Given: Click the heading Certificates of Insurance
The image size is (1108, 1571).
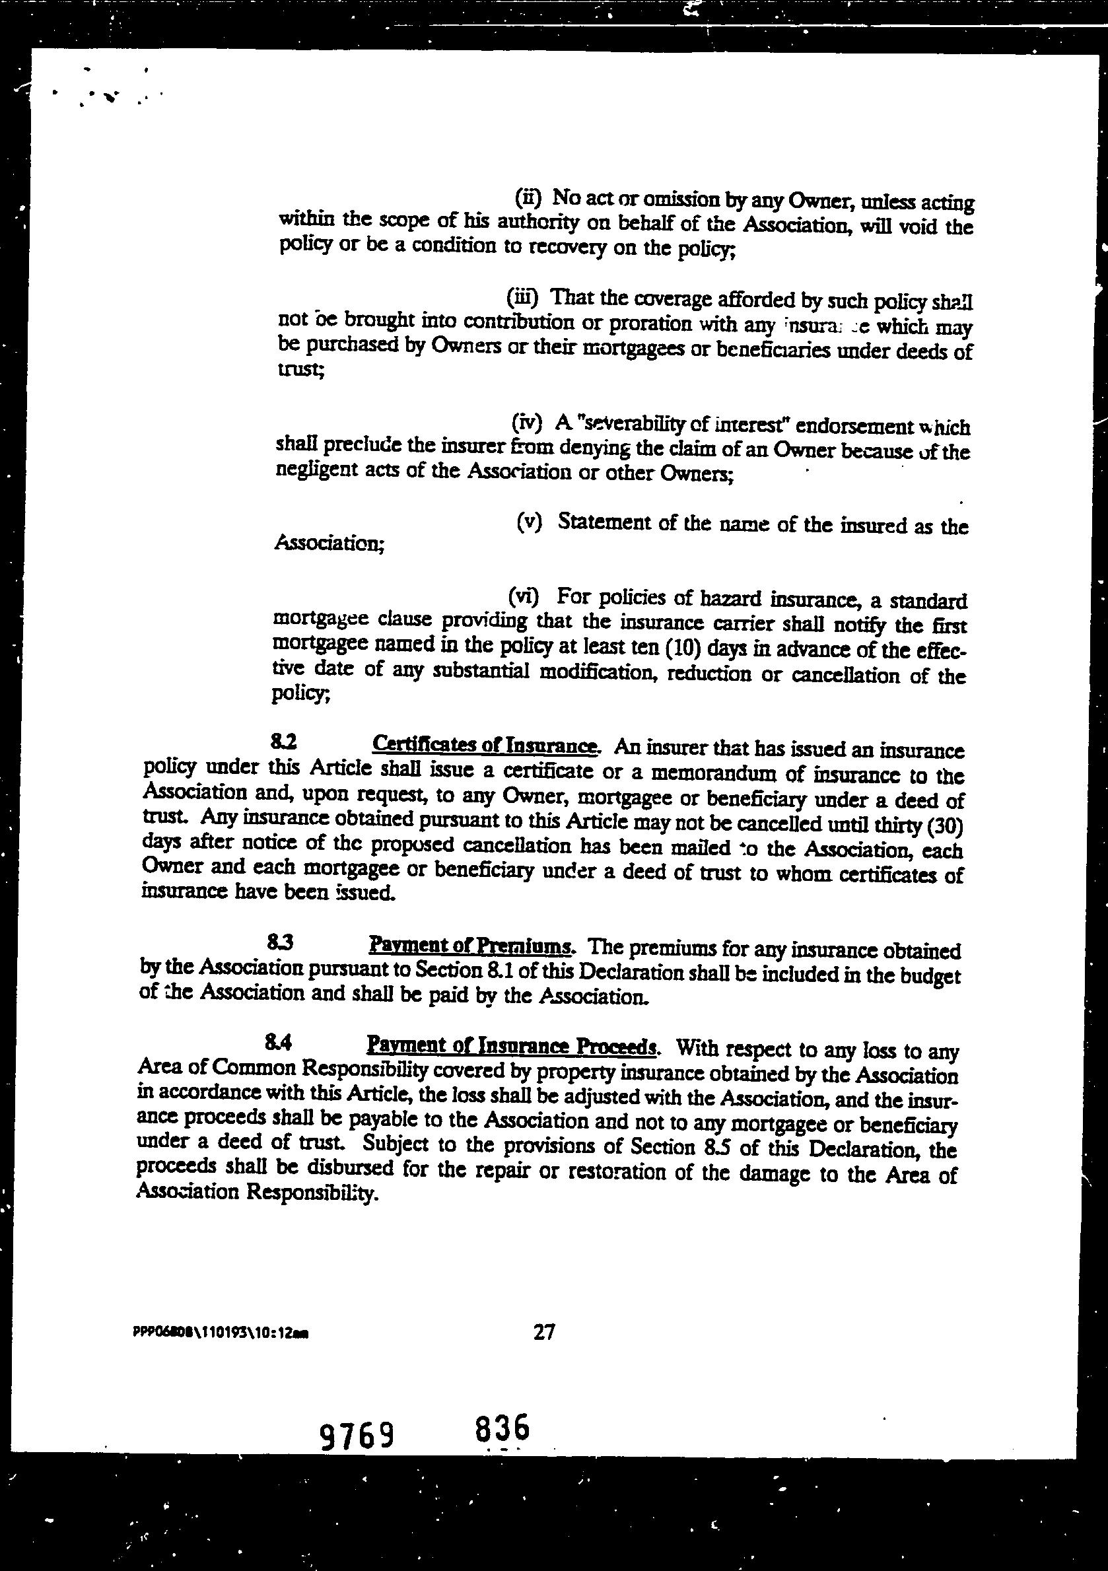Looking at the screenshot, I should click(x=486, y=744).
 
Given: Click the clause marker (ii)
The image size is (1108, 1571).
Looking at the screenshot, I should click(x=528, y=197).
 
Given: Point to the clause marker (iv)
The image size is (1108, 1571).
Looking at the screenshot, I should click(x=527, y=422).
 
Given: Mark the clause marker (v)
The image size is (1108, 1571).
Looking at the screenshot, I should click(x=528, y=522).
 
